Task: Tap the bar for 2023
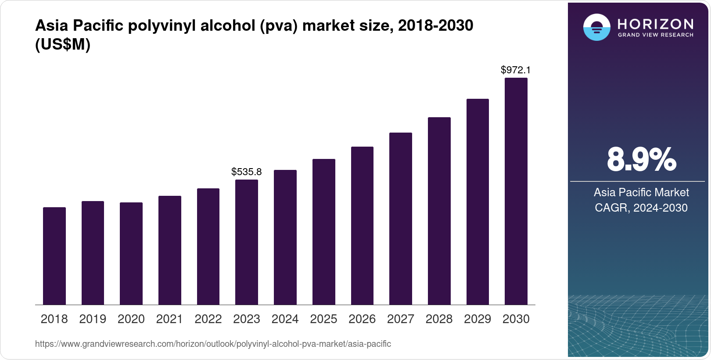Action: [x=247, y=242]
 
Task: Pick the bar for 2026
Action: [x=362, y=226]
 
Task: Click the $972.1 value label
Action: [x=516, y=70]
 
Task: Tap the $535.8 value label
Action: [x=247, y=172]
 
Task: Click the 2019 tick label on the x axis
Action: [x=93, y=319]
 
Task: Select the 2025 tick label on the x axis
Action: [x=323, y=319]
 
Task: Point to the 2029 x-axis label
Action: [x=478, y=319]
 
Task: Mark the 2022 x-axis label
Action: [x=208, y=319]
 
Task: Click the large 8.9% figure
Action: [x=641, y=160]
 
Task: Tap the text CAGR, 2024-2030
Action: [x=641, y=208]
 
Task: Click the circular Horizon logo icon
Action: [x=596, y=27]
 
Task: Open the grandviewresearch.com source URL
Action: [x=213, y=344]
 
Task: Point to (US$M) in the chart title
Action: [x=63, y=45]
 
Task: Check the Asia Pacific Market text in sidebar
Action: [x=641, y=192]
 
